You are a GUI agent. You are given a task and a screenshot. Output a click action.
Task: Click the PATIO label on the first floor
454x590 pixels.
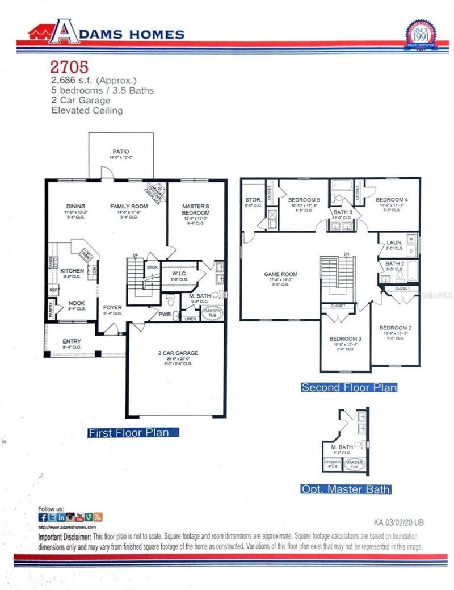120,152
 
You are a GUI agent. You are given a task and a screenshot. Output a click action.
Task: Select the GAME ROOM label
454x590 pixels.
280,274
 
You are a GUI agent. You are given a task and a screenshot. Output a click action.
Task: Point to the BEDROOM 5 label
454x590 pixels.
304,200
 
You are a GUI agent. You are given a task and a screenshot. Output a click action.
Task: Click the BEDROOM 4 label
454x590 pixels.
392,200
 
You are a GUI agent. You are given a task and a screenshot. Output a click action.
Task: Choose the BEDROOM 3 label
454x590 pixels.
345,338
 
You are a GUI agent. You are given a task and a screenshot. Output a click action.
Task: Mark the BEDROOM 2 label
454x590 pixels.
395,328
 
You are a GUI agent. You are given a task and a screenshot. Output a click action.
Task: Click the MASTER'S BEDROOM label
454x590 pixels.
196,210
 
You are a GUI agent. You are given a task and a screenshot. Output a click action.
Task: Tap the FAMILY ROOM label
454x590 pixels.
129,206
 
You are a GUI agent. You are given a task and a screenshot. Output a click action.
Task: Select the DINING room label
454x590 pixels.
75,206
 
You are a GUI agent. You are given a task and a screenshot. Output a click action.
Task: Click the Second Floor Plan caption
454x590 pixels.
348,388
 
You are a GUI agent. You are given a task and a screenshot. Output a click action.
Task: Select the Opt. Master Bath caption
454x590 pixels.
346,489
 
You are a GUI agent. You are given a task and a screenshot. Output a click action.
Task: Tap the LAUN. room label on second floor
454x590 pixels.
394,242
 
